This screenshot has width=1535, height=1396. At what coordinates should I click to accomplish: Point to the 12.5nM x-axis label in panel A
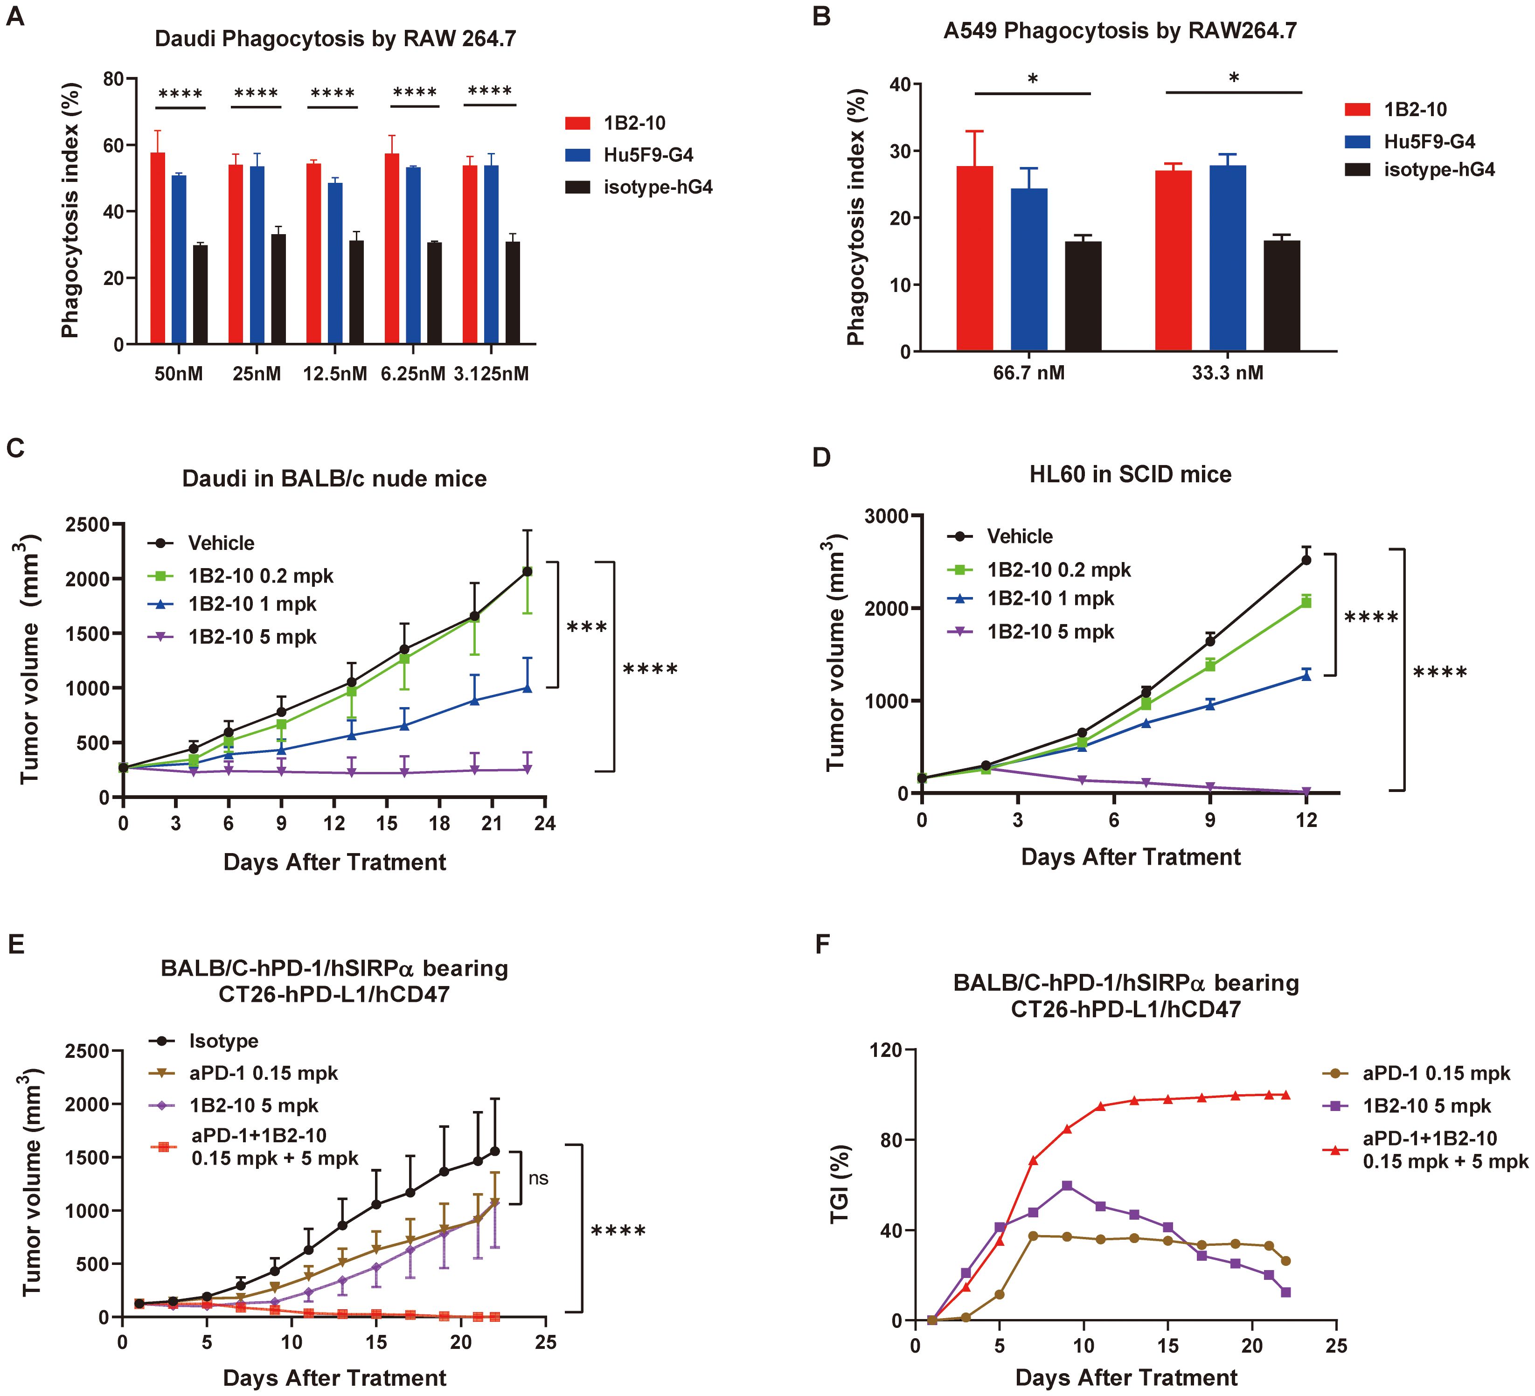pos(335,374)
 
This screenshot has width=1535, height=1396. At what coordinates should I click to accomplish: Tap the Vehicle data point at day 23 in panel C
pos(527,571)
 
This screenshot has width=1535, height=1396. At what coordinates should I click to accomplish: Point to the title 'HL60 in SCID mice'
pos(1130,474)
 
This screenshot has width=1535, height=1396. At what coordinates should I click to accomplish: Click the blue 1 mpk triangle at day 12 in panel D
pos(1306,675)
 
